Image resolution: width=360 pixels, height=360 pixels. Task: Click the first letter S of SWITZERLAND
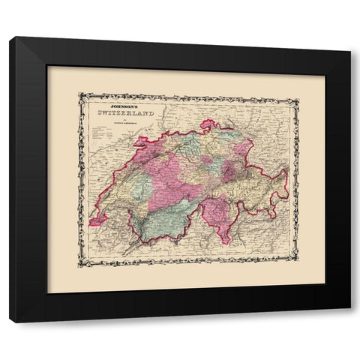point(94,113)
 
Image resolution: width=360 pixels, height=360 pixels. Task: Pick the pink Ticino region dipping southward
point(218,217)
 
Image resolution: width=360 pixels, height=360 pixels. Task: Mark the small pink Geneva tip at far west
point(95,221)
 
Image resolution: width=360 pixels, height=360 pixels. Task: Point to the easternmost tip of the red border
point(288,178)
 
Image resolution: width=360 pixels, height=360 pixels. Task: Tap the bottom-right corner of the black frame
point(349,321)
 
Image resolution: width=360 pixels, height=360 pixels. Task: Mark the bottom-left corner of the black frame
point(10,321)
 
